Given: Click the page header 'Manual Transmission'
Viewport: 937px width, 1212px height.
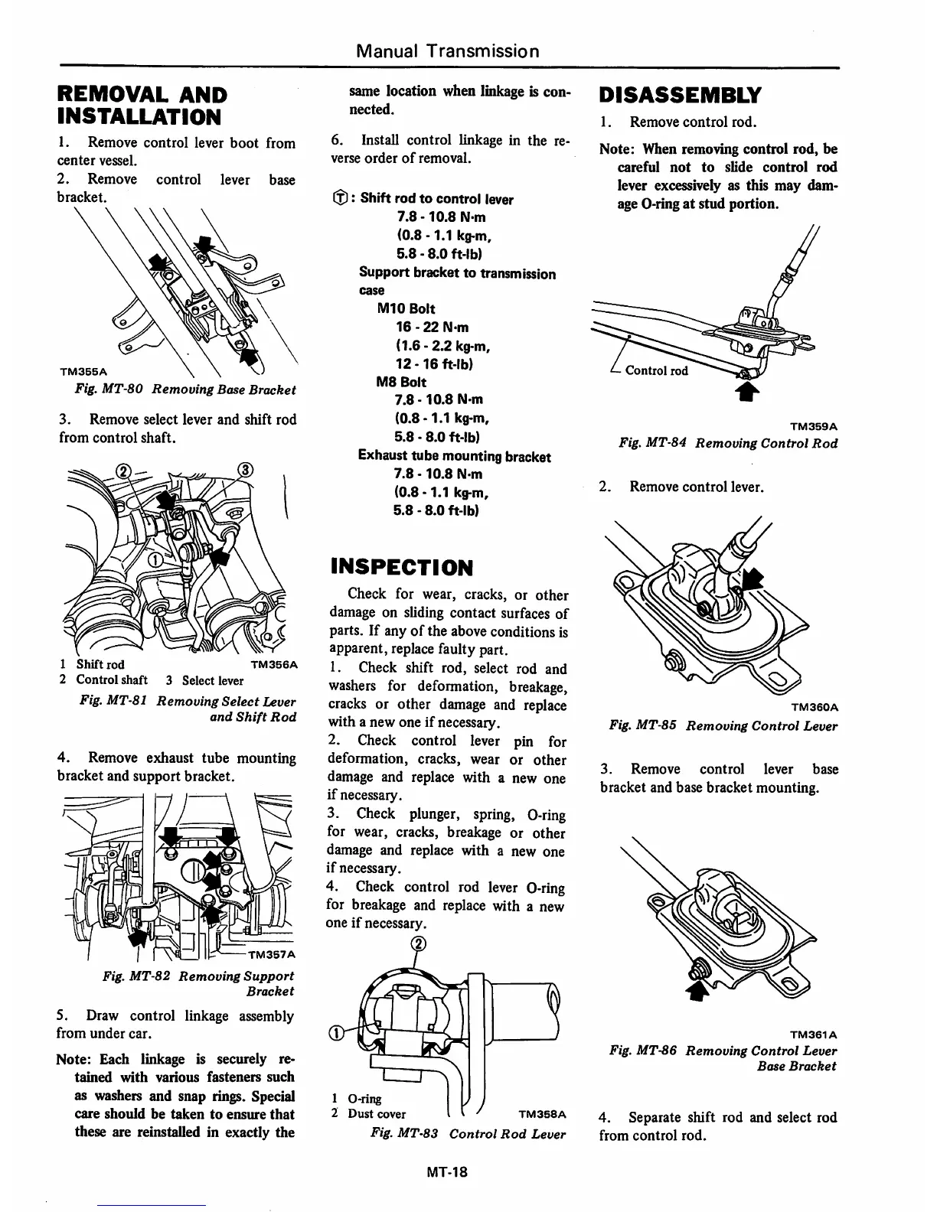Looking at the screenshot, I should coord(448,51).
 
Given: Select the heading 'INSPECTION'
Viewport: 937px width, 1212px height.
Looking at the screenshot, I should coord(401,567).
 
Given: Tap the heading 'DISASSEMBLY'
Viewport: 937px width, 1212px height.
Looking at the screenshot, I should coord(680,95).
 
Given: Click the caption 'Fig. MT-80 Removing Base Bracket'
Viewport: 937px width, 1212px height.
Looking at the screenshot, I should coord(185,389).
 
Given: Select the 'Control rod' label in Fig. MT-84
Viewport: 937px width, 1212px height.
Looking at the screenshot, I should coord(656,371).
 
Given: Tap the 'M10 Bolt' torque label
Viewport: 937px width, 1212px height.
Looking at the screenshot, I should coord(406,309).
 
